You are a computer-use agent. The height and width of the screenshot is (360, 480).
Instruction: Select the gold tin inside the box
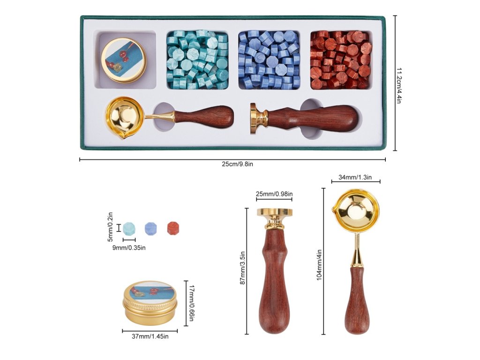pos(123,60)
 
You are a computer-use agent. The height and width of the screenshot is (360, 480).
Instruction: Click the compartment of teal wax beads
pos(197,60)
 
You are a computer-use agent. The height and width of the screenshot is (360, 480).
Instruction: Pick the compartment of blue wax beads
pos(269,60)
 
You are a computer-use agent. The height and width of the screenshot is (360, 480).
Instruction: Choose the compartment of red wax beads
pos(341,60)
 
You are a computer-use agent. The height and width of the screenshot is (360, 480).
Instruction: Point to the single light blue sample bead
pos(129,228)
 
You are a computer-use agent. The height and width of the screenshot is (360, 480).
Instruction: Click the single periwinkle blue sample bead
pos(151,228)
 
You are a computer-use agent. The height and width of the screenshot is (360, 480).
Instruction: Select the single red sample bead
pos(173,228)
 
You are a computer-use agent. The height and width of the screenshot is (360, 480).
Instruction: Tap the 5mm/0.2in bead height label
pos(111,228)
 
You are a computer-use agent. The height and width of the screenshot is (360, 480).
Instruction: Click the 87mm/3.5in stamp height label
pos(242,271)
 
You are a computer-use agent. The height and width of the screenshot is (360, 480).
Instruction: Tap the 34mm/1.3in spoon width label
pos(355,177)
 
